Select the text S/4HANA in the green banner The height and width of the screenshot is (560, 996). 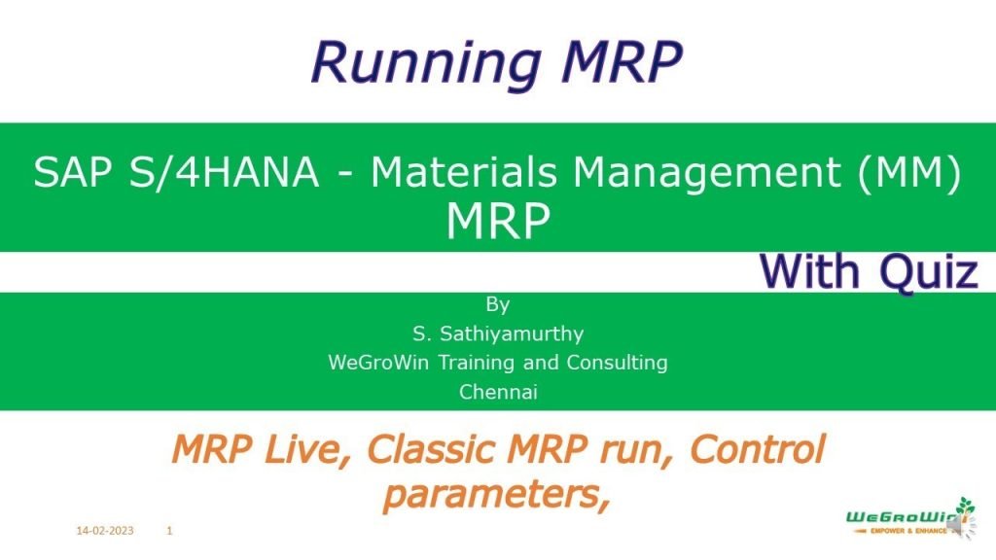coord(219,174)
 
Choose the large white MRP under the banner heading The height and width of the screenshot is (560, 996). coord(498,222)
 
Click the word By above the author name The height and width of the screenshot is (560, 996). coord(498,304)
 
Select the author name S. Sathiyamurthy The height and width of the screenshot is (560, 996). coord(498,333)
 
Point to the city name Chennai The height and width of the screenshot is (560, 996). coord(498,392)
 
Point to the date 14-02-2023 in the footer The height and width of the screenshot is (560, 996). coord(105,531)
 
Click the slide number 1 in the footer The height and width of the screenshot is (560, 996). coord(170,531)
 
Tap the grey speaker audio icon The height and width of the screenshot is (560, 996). coord(954,525)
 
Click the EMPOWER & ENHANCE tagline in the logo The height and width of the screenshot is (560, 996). coord(890,531)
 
